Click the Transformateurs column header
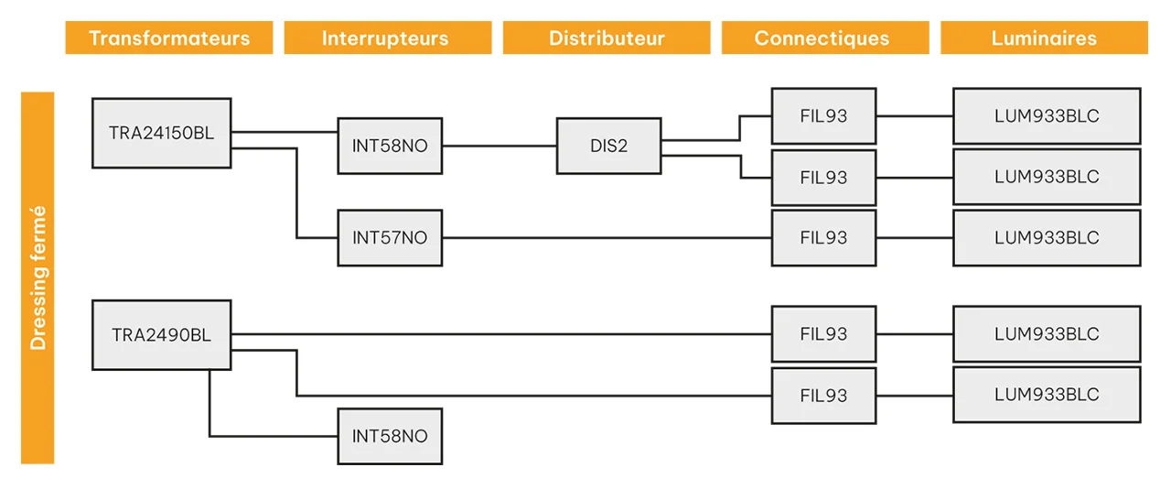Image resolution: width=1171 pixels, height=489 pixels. [x=169, y=38]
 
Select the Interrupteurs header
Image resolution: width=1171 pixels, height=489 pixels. [x=387, y=38]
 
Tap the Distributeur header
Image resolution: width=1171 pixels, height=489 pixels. [x=607, y=38]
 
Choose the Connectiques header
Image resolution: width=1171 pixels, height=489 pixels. [x=825, y=38]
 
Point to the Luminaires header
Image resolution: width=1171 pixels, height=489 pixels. [x=1044, y=38]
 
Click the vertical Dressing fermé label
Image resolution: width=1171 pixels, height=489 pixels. [x=38, y=278]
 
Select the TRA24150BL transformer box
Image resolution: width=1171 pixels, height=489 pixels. [x=162, y=133]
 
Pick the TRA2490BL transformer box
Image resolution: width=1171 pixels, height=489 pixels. [x=162, y=335]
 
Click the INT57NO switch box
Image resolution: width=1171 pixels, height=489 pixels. [x=390, y=238]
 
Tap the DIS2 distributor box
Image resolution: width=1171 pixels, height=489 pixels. [x=608, y=146]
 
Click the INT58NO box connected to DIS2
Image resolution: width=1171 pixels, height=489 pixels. [x=390, y=146]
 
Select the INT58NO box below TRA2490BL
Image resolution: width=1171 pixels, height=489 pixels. [x=390, y=436]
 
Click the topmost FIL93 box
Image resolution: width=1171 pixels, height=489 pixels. [x=824, y=115]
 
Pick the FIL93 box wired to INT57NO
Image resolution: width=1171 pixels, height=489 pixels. [x=824, y=238]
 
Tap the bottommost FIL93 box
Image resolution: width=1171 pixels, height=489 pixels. [x=824, y=396]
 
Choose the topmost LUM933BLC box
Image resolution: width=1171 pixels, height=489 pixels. [x=1047, y=115]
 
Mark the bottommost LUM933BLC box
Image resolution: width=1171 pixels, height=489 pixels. [x=1047, y=395]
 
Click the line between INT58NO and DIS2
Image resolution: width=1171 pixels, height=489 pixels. [x=500, y=147]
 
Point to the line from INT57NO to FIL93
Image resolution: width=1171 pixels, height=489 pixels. [x=607, y=238]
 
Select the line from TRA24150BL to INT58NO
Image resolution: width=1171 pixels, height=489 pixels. [x=285, y=132]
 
